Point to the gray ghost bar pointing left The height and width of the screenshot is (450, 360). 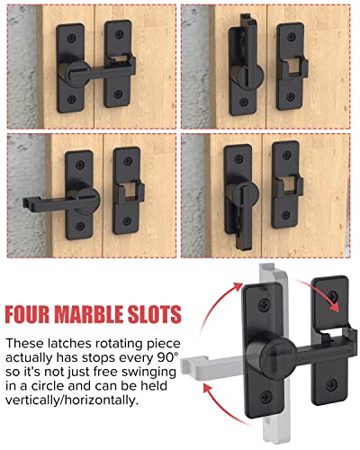(x=211, y=363)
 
